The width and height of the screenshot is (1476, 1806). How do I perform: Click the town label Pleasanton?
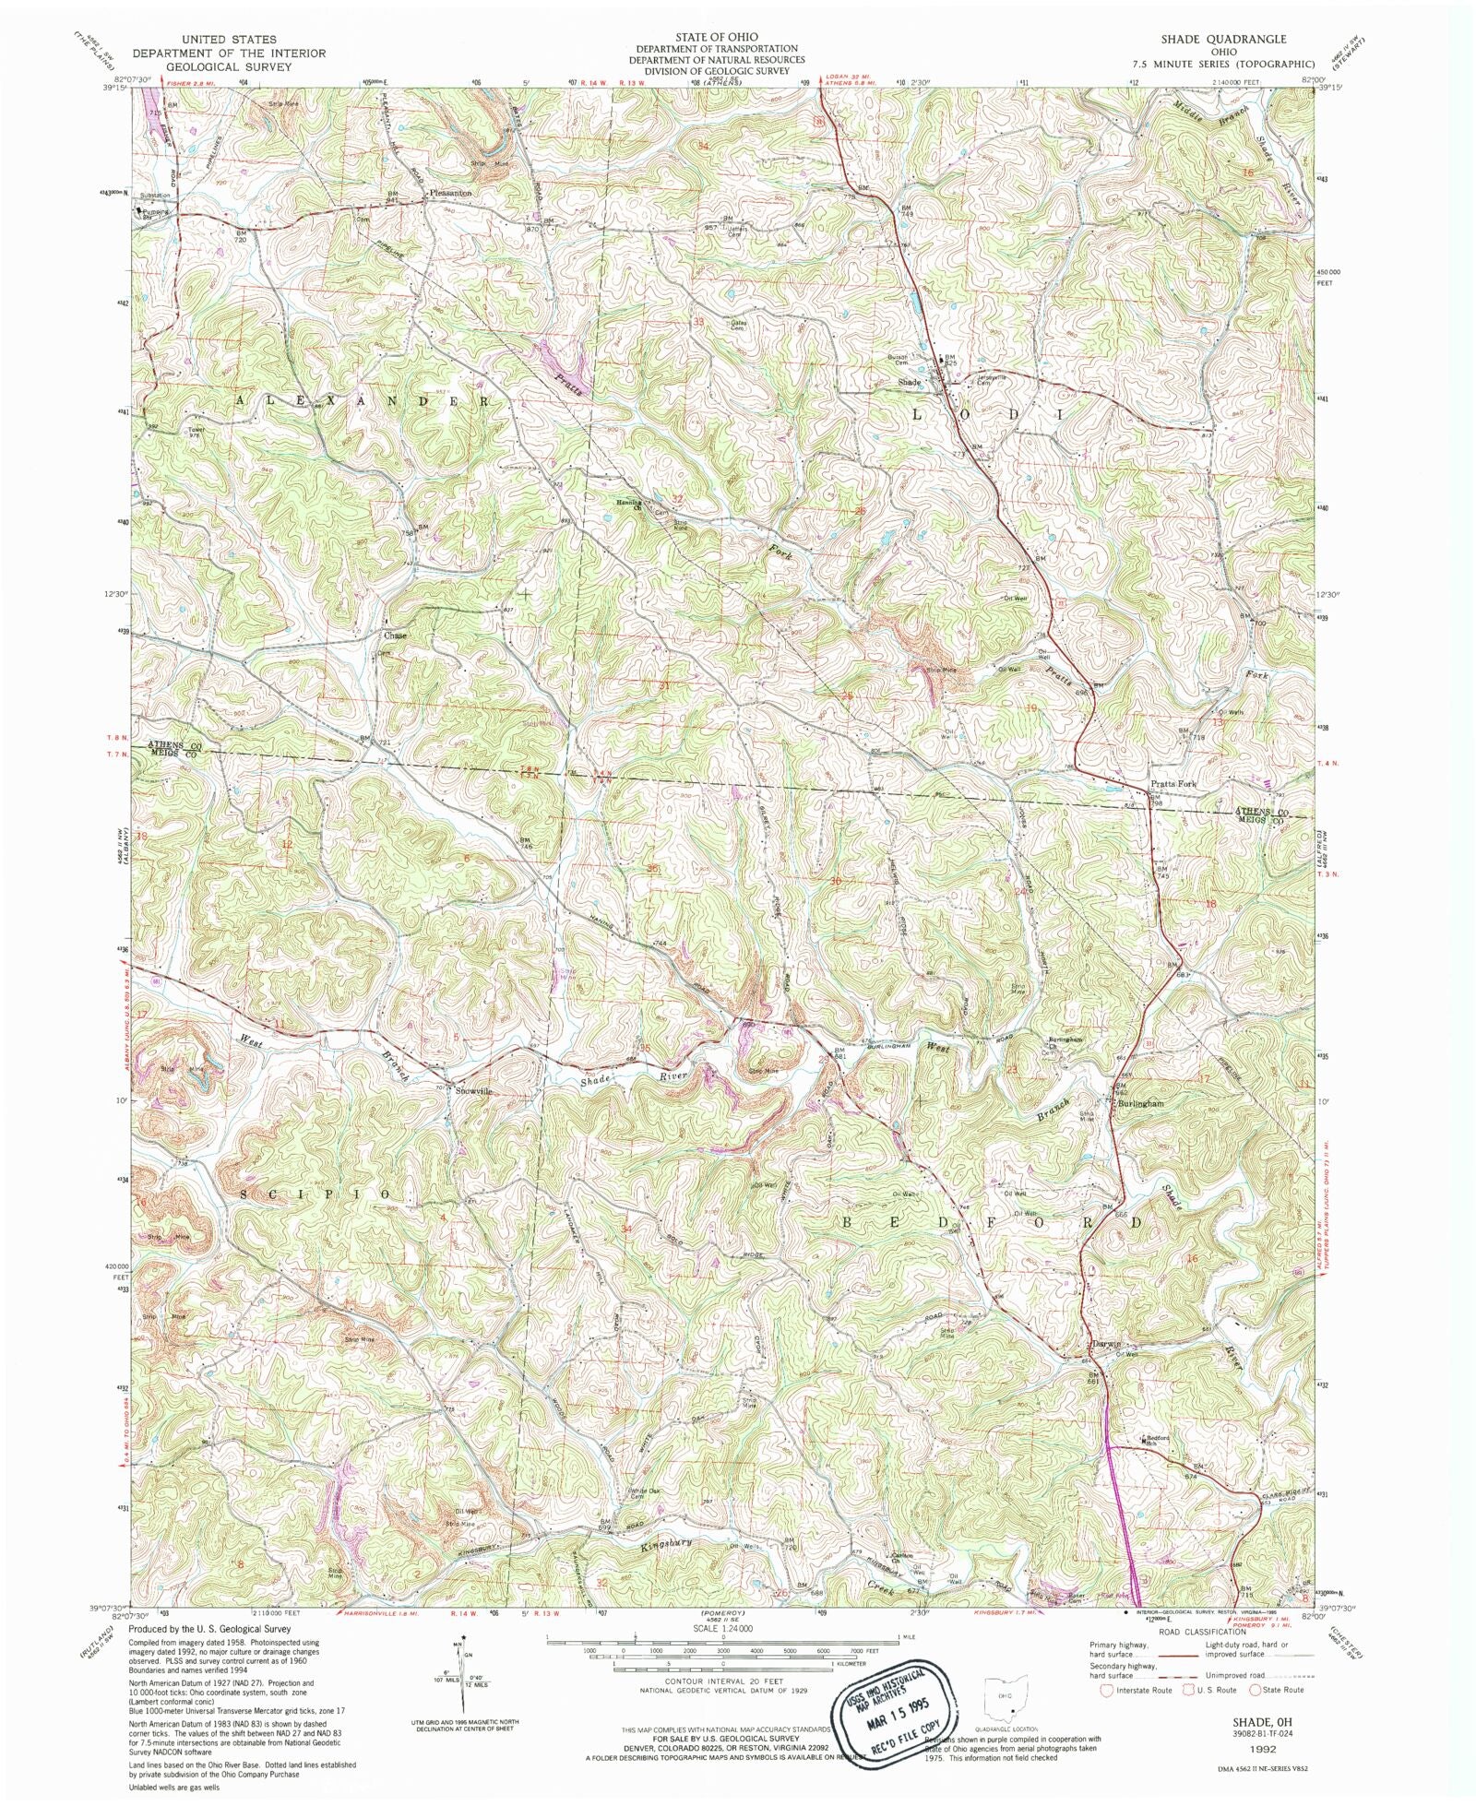tap(450, 194)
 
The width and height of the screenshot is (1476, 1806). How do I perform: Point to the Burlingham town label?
tap(1140, 1103)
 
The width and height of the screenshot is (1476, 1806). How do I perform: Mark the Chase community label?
tap(395, 636)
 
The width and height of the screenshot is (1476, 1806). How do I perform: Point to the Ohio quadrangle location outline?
tap(1008, 1698)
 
